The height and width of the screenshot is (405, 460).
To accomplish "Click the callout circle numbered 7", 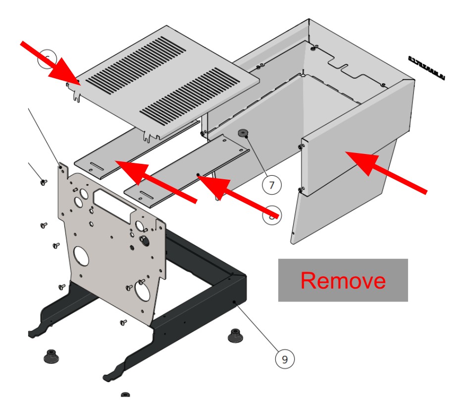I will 271,186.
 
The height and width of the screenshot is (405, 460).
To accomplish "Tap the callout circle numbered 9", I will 285,358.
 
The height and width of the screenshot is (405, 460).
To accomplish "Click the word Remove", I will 343,280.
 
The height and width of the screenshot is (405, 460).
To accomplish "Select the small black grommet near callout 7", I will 243,133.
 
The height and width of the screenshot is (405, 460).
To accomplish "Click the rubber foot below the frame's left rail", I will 50,355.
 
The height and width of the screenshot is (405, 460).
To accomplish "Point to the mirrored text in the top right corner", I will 426,67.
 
